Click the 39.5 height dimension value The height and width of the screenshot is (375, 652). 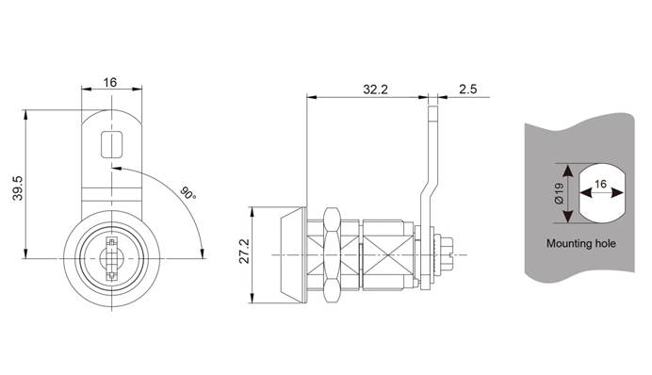pyautogui.click(x=18, y=187)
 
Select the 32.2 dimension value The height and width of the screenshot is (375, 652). pyautogui.click(x=375, y=90)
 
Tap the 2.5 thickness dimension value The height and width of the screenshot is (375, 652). pyautogui.click(x=467, y=90)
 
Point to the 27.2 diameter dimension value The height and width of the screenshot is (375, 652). pyautogui.click(x=244, y=252)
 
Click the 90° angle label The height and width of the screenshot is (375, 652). pyautogui.click(x=187, y=193)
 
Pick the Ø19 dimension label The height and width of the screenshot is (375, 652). pyautogui.click(x=559, y=193)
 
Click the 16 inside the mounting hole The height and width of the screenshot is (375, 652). pyautogui.click(x=601, y=184)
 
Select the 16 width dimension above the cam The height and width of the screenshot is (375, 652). pyautogui.click(x=110, y=82)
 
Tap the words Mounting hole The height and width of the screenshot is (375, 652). pyautogui.click(x=581, y=244)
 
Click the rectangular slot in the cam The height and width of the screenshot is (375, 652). pyautogui.click(x=111, y=144)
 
